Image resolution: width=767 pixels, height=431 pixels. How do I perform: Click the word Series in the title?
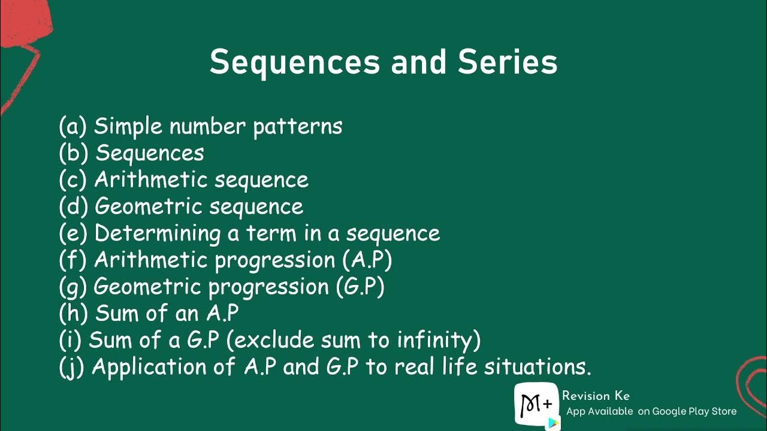(x=508, y=62)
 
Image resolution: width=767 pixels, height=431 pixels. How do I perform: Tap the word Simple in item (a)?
(x=128, y=126)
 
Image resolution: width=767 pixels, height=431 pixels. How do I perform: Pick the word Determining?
(x=158, y=233)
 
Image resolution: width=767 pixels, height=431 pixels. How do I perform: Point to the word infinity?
(x=438, y=340)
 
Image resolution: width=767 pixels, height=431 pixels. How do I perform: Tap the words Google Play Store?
(x=694, y=411)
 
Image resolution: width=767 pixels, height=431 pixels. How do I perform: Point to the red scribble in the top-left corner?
(x=24, y=42)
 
